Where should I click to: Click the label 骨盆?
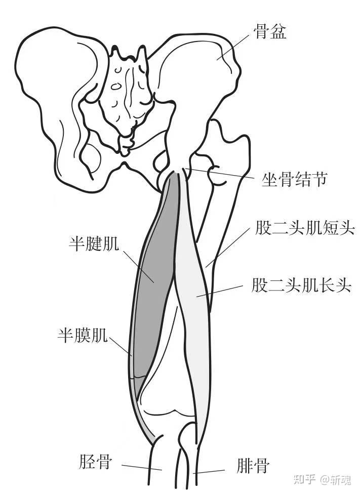[270, 31]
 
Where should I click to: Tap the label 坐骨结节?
[294, 180]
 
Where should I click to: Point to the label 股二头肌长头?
[301, 285]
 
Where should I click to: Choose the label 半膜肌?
[82, 336]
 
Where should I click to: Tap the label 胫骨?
[95, 462]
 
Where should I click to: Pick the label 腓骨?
[253, 466]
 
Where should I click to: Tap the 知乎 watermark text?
[304, 480]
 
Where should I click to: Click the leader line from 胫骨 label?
[142, 467]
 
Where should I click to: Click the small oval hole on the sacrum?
[116, 86]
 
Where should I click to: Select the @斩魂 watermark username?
[335, 480]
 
